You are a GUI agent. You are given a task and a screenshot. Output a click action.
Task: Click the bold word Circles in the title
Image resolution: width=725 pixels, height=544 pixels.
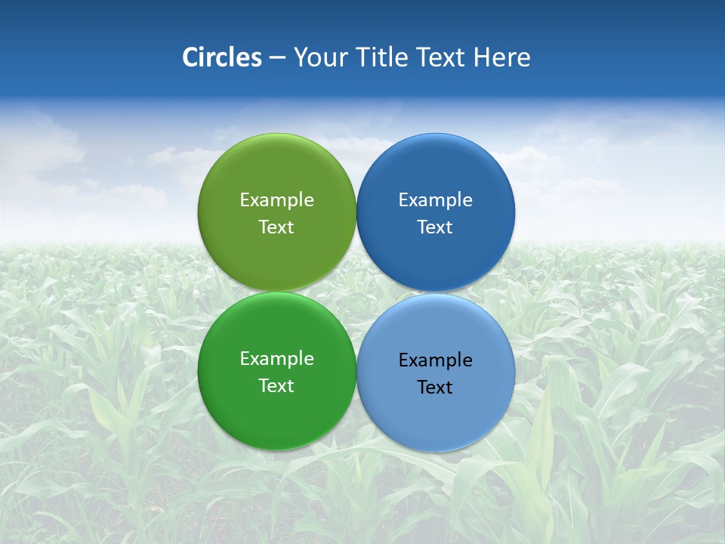(221, 57)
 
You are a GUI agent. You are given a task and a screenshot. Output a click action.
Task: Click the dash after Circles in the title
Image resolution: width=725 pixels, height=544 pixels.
(277, 58)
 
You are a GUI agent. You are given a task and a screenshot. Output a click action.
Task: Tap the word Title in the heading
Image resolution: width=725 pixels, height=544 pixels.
(384, 57)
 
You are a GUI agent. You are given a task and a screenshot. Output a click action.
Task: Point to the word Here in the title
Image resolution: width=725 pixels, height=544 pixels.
(501, 57)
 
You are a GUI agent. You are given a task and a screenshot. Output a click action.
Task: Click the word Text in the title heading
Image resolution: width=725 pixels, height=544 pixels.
(443, 57)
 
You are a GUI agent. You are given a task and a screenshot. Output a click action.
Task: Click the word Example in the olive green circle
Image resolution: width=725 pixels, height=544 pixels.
(276, 199)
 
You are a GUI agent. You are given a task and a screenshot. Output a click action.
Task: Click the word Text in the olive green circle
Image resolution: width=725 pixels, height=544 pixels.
(276, 227)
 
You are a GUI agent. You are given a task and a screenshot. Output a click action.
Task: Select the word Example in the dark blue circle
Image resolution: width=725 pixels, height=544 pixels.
(435, 199)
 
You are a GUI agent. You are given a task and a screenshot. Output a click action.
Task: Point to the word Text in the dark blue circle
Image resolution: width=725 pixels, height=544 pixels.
(435, 227)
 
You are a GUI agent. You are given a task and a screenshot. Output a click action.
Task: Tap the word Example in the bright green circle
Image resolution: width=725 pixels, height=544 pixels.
(276, 358)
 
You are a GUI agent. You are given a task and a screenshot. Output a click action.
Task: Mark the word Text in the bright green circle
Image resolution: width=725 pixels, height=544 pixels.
(276, 385)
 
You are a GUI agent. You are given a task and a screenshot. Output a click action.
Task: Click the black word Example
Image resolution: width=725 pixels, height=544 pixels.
(435, 360)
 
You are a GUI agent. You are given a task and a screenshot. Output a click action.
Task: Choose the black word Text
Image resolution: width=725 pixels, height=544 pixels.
(435, 387)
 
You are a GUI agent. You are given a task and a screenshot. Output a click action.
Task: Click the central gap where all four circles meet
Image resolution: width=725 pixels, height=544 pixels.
(356, 292)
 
